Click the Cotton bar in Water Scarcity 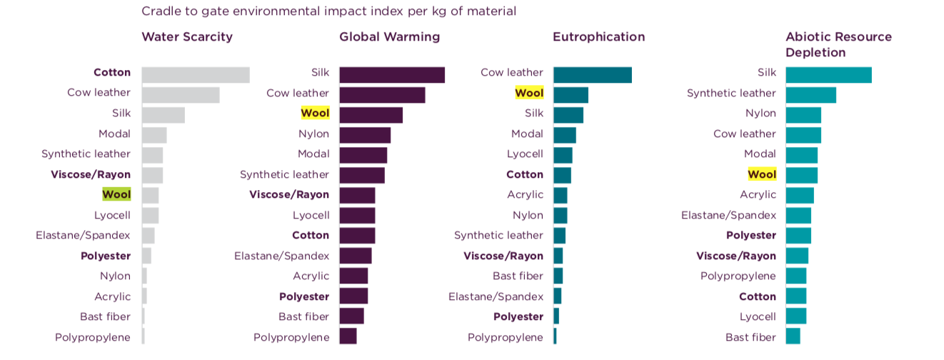tap(195, 74)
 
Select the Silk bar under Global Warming tap(391, 74)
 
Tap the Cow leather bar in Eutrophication tap(592, 74)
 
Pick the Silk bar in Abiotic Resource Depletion tap(828, 74)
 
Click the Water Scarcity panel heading tap(187, 37)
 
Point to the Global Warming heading tap(389, 37)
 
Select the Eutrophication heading tap(598, 37)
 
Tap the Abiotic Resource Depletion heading tap(838, 44)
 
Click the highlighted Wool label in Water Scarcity tap(116, 194)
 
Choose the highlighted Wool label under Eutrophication tap(529, 93)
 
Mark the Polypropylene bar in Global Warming tap(348, 336)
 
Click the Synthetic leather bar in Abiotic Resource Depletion tap(810, 94)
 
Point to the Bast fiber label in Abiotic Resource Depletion tap(750, 337)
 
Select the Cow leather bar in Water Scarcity tap(180, 94)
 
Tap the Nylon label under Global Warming tap(313, 134)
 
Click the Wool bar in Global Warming tap(371, 114)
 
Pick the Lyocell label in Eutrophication tap(525, 154)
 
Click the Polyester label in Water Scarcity tap(106, 256)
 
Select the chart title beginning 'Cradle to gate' tap(328, 11)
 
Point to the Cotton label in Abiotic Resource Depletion tap(757, 296)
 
